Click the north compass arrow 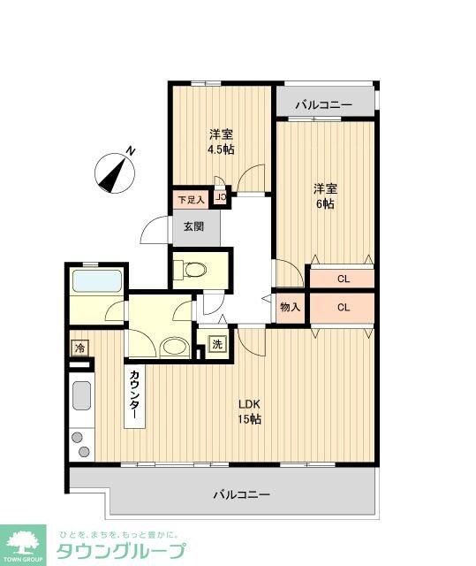[x=116, y=169]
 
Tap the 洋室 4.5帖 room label [x=222, y=141]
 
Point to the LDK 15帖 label [x=249, y=411]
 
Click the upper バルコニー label [x=323, y=105]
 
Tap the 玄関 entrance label [x=193, y=226]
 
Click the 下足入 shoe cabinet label [x=190, y=200]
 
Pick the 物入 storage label [x=290, y=308]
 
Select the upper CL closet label [x=342, y=279]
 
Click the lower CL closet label [x=342, y=308]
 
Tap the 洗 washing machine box [x=217, y=344]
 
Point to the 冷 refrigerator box [x=79, y=348]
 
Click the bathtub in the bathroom [x=97, y=283]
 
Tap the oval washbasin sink [x=175, y=347]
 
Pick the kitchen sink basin [x=80, y=394]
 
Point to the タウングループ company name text [x=122, y=550]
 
